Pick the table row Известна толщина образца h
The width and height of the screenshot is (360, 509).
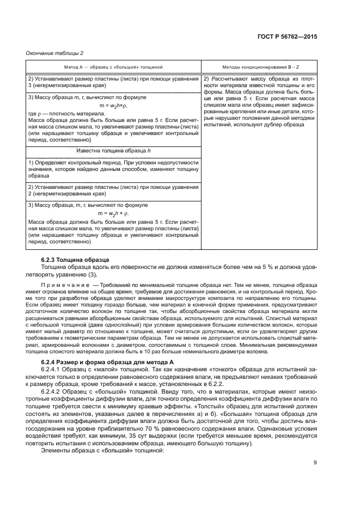[113, 150]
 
